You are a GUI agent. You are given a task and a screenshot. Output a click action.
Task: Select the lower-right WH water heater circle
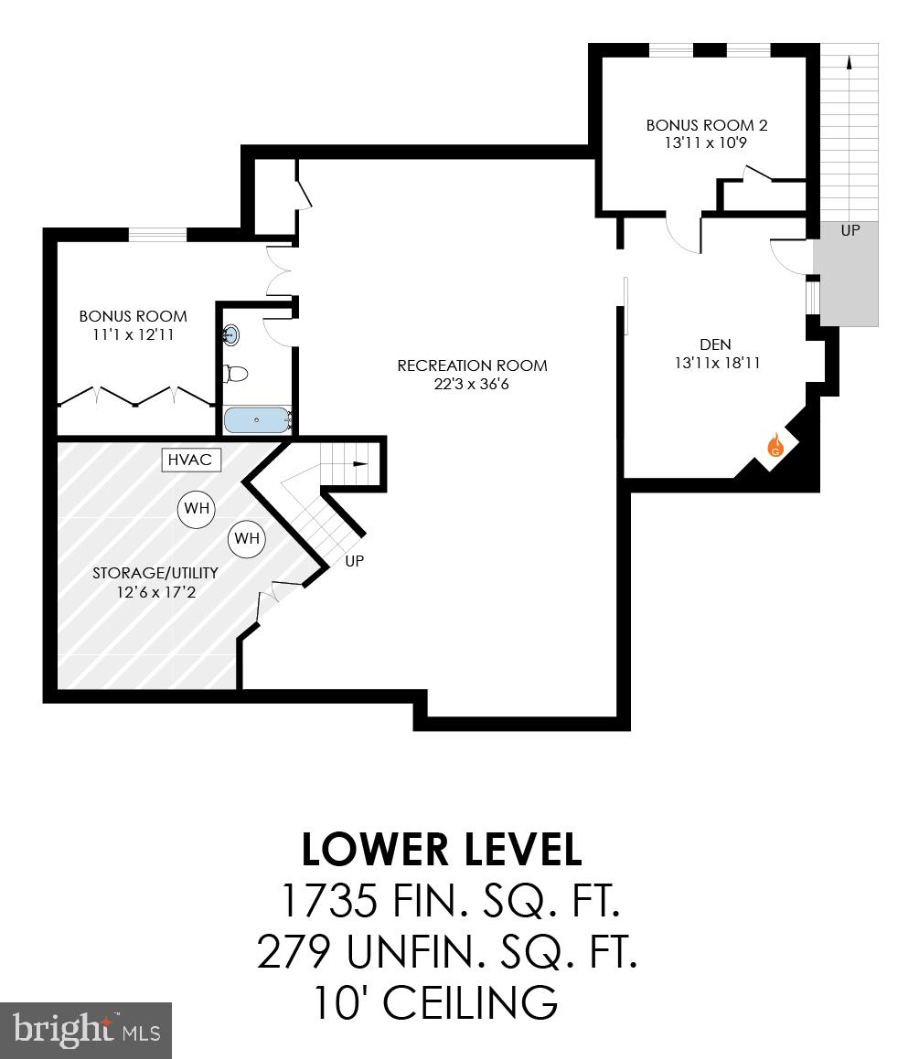click(247, 538)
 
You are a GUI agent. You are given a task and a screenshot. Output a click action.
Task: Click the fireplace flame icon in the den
click(775, 446)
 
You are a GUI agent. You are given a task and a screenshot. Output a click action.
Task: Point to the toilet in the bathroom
click(237, 374)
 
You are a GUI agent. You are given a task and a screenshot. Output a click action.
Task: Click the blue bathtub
click(258, 420)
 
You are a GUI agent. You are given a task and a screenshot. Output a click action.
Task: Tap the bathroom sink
click(231, 335)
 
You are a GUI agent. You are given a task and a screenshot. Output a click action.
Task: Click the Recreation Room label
click(472, 365)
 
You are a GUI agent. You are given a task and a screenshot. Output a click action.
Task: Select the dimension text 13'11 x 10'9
click(707, 143)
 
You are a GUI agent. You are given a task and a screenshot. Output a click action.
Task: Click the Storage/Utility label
click(155, 573)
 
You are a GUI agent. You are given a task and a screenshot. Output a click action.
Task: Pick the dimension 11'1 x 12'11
click(133, 334)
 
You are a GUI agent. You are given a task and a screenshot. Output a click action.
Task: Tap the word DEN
click(715, 344)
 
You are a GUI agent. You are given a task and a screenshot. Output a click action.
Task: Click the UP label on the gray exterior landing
click(850, 230)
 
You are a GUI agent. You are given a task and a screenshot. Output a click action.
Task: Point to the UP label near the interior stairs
click(355, 561)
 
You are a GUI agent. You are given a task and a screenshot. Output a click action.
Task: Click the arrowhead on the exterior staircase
click(850, 61)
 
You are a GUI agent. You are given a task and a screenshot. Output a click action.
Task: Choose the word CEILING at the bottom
click(470, 1002)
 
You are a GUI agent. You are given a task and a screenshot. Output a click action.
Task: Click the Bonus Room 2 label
click(707, 124)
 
